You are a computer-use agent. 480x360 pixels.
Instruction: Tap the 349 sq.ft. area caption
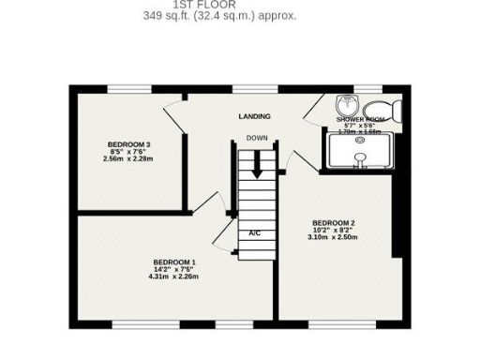(x=219, y=15)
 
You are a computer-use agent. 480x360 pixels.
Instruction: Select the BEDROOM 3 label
(x=129, y=143)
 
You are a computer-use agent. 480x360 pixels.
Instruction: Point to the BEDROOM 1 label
(x=174, y=261)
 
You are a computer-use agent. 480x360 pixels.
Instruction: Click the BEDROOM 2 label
(x=333, y=222)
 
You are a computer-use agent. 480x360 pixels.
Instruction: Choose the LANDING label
(x=254, y=116)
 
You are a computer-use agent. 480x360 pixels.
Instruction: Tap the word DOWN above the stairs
(x=257, y=138)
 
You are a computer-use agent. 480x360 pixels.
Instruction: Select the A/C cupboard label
(x=254, y=232)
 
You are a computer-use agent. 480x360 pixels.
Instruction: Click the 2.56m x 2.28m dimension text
(x=129, y=158)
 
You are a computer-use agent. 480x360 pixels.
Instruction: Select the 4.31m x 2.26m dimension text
(x=174, y=276)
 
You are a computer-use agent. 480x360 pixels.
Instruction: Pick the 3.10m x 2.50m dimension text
(x=333, y=237)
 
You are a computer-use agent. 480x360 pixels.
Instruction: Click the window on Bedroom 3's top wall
(x=129, y=89)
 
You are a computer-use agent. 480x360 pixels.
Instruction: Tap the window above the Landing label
(x=254, y=89)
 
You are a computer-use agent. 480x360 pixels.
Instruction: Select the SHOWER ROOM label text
(x=359, y=120)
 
